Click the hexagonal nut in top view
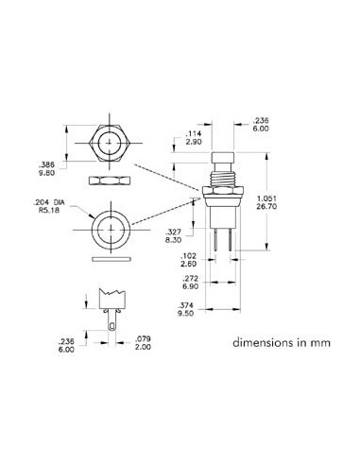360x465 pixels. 111,146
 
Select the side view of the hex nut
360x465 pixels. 111,178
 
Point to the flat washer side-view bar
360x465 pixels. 111,256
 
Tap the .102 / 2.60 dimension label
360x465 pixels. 188,262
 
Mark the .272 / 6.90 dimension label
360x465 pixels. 188,283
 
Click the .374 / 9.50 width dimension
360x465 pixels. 188,309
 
